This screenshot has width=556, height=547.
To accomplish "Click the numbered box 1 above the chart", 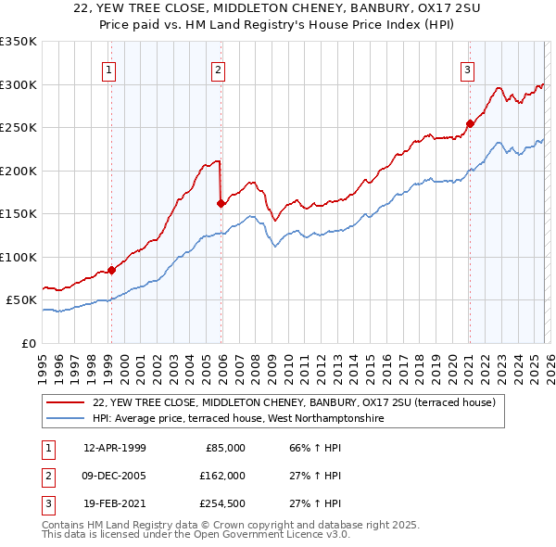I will click(x=108, y=70).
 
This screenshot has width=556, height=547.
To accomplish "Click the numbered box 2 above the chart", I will click(x=218, y=70).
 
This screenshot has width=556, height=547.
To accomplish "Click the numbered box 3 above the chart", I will click(x=468, y=70).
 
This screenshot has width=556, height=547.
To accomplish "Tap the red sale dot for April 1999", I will click(x=111, y=271).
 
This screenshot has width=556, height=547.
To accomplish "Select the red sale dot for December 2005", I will click(x=221, y=204).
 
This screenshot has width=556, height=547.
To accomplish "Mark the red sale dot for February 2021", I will click(x=470, y=123).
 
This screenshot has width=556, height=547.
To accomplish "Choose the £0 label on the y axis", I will click(x=28, y=343).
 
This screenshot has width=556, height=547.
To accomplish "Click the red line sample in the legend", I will click(x=66, y=402).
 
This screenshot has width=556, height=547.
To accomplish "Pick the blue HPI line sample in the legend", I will click(x=66, y=418).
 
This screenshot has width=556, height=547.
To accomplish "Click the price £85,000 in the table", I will click(x=224, y=448).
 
